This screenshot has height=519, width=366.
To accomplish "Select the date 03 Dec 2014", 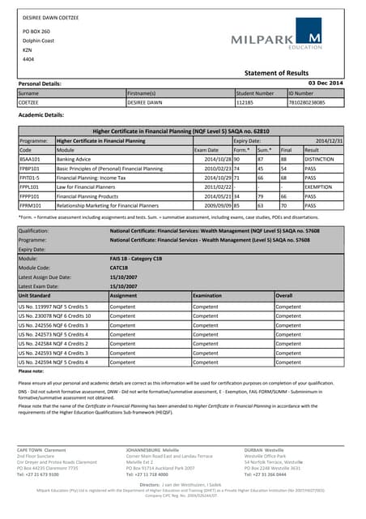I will pos(326,84).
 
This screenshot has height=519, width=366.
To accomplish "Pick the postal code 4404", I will pos(28,59).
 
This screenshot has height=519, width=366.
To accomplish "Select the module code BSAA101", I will pos(30,160).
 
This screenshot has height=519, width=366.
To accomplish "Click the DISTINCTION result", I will pos(320,160).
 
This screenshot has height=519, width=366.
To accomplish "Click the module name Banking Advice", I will pos(73,160).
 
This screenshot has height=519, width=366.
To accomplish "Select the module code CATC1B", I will pos(117,268).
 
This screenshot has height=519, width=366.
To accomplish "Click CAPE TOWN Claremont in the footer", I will pos(43,448).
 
